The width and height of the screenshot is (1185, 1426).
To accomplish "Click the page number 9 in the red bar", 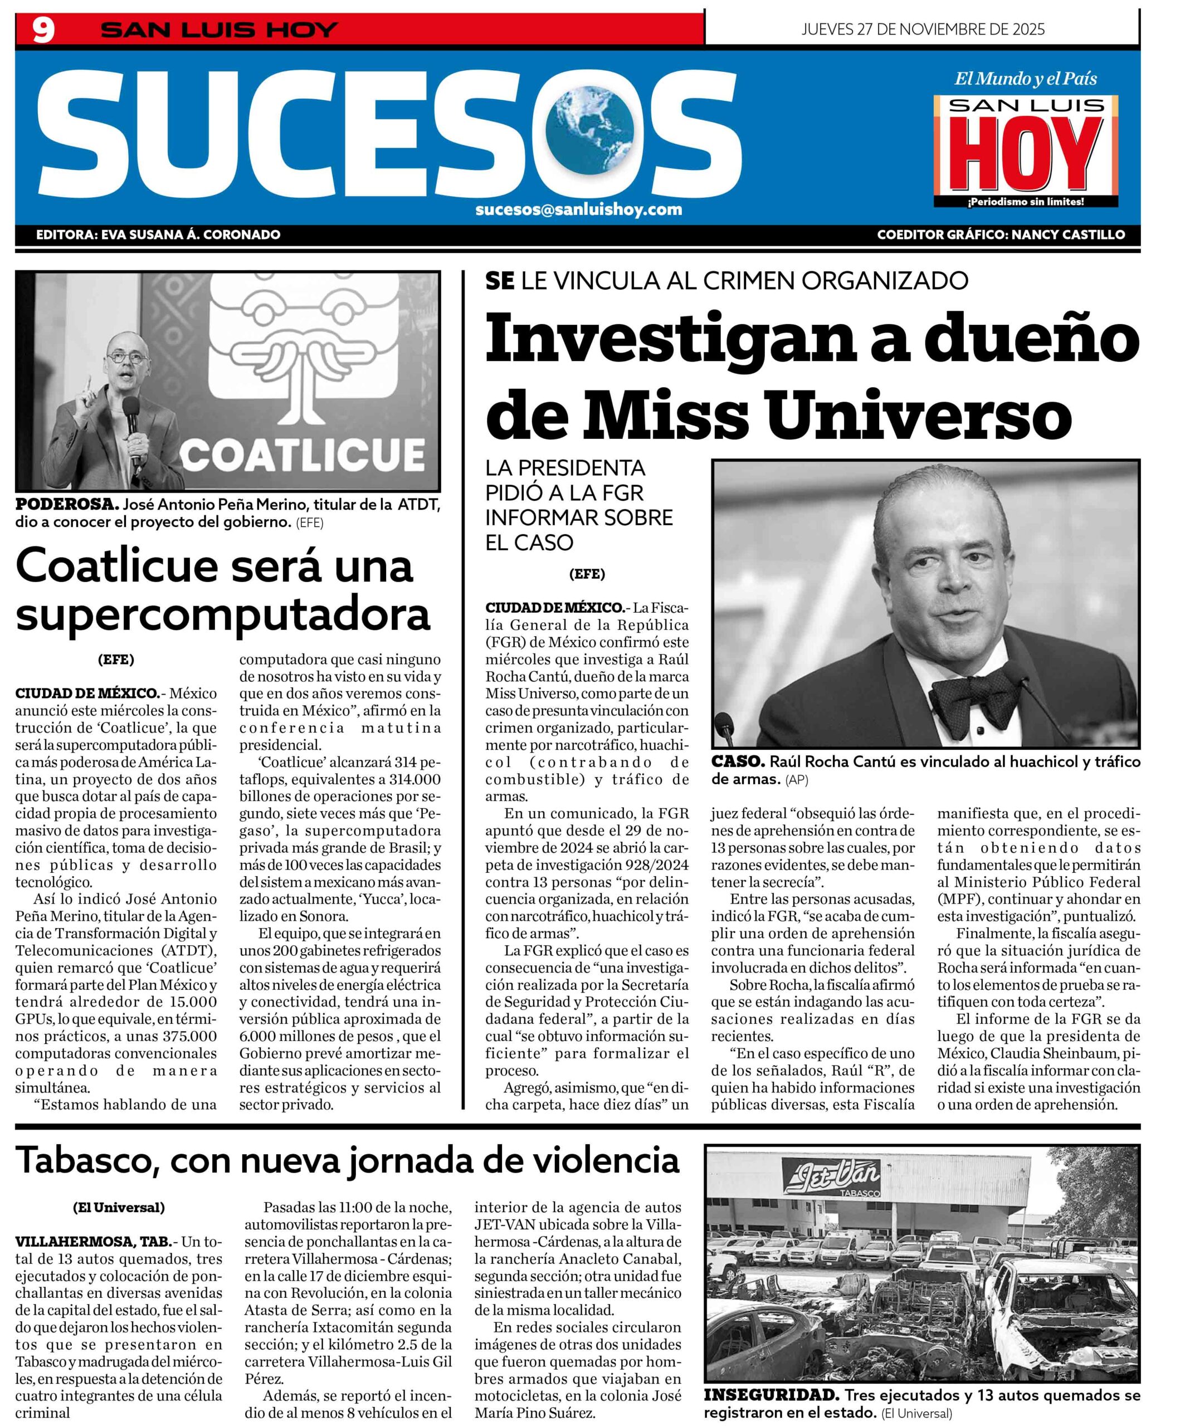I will pyautogui.click(x=43, y=31).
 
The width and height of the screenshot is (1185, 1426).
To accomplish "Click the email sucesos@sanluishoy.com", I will pyautogui.click(x=579, y=209).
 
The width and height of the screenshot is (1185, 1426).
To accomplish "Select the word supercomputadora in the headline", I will pyautogui.click(x=223, y=613).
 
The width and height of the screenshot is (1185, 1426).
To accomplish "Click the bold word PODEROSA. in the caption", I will pyautogui.click(x=67, y=505).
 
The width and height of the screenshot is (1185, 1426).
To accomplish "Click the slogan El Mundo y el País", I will pyautogui.click(x=1026, y=79).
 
